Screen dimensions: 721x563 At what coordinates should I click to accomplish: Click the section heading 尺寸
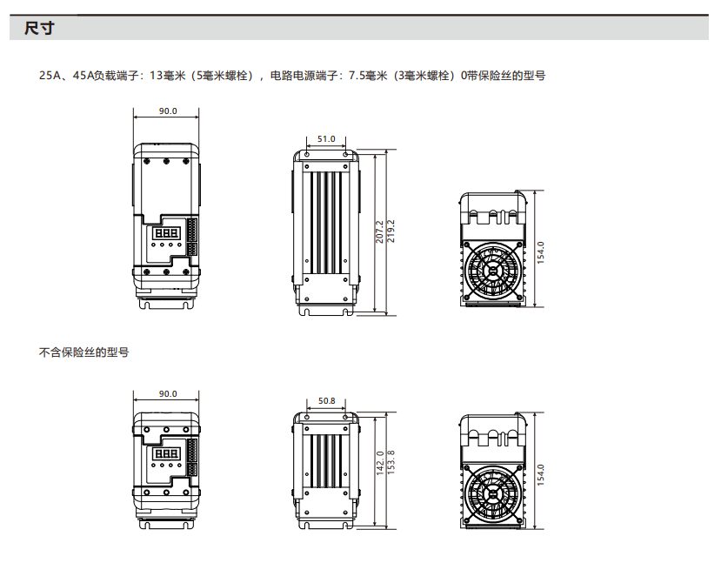[x=39, y=28]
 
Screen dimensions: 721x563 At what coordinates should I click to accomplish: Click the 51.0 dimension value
[x=326, y=138]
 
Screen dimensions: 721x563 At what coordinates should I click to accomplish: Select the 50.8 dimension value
[x=326, y=400]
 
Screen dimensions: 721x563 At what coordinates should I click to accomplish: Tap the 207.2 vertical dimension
[x=379, y=231]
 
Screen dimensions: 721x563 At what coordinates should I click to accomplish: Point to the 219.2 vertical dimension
[x=391, y=231]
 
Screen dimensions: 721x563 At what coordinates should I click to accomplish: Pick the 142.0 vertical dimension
[x=380, y=463]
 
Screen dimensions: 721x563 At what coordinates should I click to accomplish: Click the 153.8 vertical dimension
[x=391, y=462]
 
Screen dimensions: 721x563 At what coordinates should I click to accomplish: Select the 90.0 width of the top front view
[x=168, y=111]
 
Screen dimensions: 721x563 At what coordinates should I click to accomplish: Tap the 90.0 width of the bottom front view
[x=168, y=393]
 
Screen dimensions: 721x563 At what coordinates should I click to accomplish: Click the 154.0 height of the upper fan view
[x=541, y=252]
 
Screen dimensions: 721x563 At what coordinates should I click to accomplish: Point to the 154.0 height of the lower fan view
[x=541, y=475]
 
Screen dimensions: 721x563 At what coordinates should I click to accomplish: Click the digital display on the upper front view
[x=166, y=233]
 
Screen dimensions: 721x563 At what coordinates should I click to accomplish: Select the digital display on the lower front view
[x=166, y=454]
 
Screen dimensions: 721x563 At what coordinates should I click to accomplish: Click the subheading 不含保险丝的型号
[x=84, y=352]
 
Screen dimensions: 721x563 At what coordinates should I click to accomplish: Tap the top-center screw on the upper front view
[x=166, y=161]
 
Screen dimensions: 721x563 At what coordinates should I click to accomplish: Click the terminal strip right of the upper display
[x=191, y=237]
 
